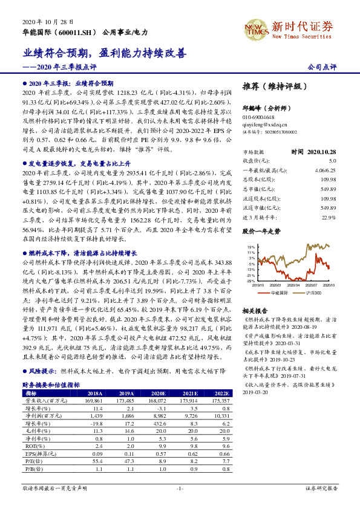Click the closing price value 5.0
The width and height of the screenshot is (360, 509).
click(332, 160)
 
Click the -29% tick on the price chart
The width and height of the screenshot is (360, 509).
click(250, 280)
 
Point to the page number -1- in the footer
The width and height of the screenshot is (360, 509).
click(180, 487)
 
